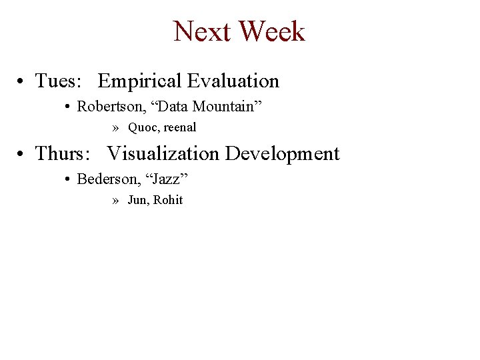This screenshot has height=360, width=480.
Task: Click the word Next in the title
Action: (x=202, y=31)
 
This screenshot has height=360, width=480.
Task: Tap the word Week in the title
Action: (x=271, y=31)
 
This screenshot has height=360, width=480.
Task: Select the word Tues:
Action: (x=58, y=81)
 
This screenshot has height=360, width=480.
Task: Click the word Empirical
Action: (x=139, y=81)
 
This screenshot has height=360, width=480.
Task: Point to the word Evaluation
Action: (x=233, y=81)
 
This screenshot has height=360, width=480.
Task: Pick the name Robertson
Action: (x=105, y=106)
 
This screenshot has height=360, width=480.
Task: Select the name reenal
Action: (x=180, y=127)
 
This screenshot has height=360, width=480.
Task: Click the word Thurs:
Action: (x=62, y=154)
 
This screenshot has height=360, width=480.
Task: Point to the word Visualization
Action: (x=163, y=154)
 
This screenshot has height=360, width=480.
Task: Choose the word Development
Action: (x=282, y=154)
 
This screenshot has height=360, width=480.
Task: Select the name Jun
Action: (x=137, y=200)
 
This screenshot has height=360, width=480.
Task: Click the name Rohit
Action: (x=168, y=200)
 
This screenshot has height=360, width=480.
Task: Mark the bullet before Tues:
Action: (x=22, y=82)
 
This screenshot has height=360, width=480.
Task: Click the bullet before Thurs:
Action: (x=22, y=155)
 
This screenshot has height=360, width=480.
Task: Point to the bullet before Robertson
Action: (x=69, y=107)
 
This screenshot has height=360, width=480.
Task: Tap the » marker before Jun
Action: (x=116, y=200)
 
